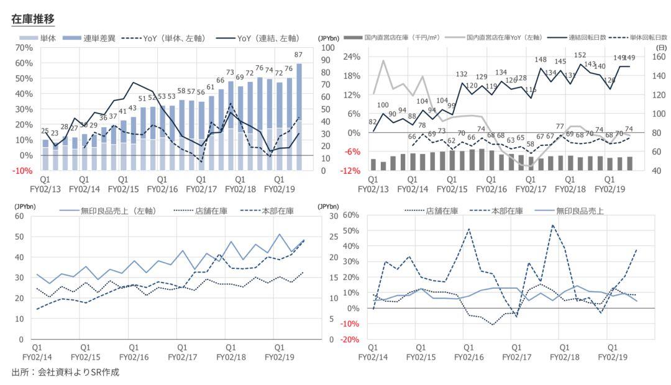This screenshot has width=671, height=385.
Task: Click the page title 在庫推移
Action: point(33,19)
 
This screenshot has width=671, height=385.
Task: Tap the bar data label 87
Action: point(299,55)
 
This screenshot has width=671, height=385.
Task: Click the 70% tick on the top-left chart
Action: point(24,48)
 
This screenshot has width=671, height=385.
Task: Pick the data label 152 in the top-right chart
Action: point(580,55)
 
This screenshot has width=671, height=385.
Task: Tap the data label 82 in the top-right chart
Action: point(373,122)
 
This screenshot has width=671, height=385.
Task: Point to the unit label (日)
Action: point(662,47)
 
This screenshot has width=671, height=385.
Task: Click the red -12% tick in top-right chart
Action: point(350,171)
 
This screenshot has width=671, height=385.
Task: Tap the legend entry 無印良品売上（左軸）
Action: point(118,211)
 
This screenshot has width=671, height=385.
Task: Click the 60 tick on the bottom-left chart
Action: point(19,216)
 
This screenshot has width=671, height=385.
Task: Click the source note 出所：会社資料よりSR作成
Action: point(65,373)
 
